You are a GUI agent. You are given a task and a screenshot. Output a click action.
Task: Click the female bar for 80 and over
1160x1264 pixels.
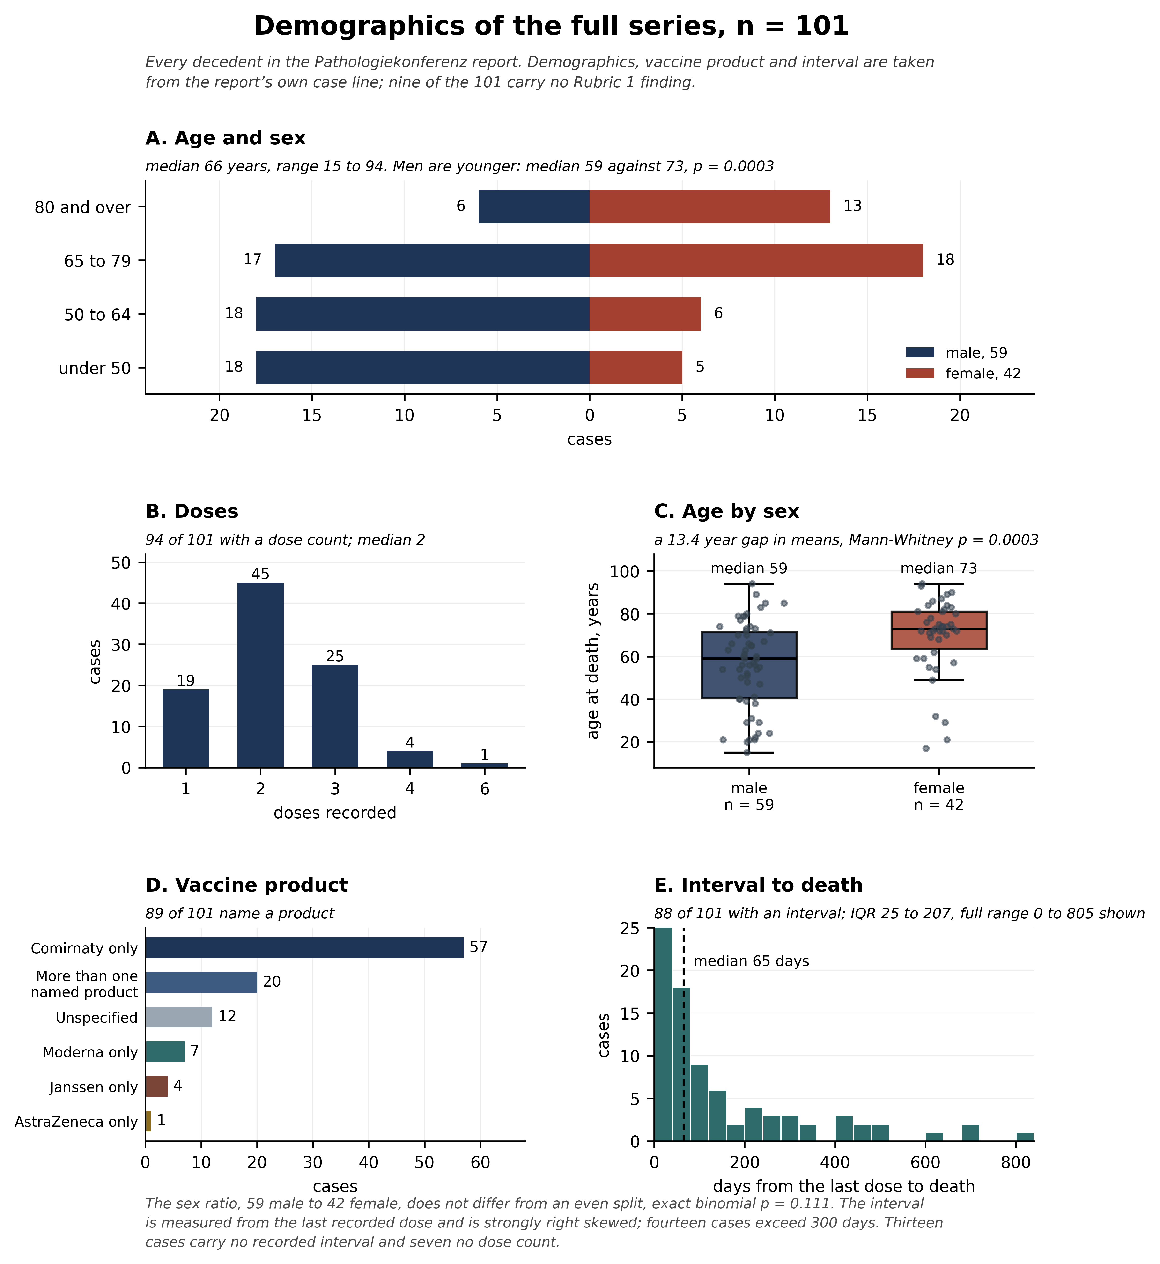point(710,207)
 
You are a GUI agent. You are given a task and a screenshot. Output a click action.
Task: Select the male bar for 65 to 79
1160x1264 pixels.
point(432,260)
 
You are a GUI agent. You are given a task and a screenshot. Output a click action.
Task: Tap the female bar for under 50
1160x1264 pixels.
point(636,367)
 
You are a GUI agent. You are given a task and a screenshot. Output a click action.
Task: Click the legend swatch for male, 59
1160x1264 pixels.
point(920,353)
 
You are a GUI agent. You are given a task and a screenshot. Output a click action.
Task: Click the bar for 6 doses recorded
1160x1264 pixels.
point(485,765)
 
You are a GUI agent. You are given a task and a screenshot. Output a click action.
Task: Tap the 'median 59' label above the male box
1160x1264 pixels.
point(749,569)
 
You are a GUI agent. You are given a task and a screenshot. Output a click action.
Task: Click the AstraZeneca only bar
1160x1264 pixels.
point(148,1121)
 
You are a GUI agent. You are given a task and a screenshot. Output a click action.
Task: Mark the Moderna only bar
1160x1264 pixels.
point(165,1051)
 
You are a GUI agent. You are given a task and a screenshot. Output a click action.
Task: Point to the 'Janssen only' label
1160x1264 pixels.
point(94,1087)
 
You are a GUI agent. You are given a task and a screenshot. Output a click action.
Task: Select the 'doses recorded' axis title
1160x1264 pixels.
point(335,813)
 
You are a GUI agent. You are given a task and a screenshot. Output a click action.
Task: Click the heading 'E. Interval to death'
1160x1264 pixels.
point(758,885)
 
